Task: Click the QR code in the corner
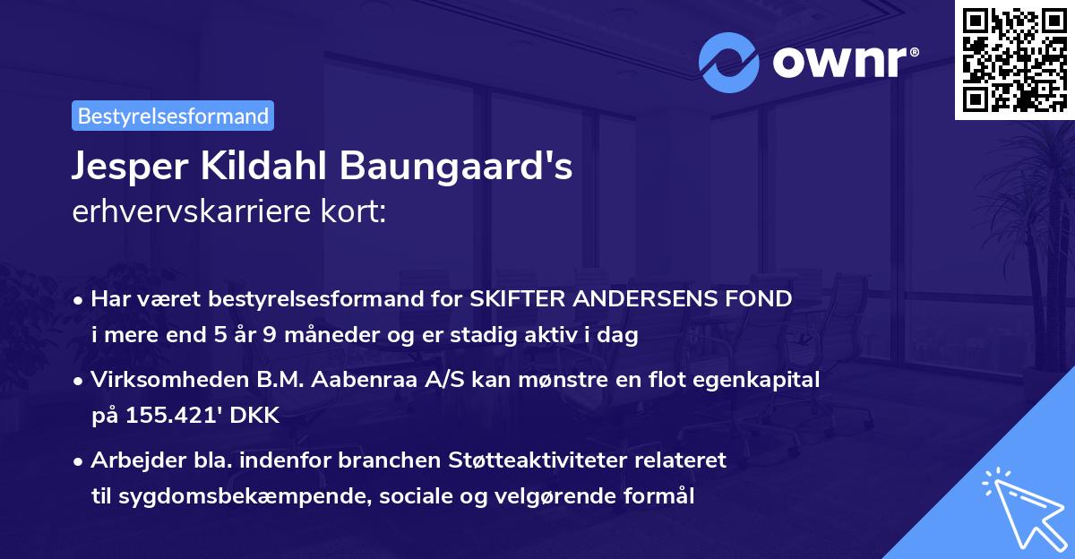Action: click(x=1015, y=59)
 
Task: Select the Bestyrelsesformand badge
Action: click(x=173, y=116)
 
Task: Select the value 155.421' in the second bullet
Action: click(x=171, y=417)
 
